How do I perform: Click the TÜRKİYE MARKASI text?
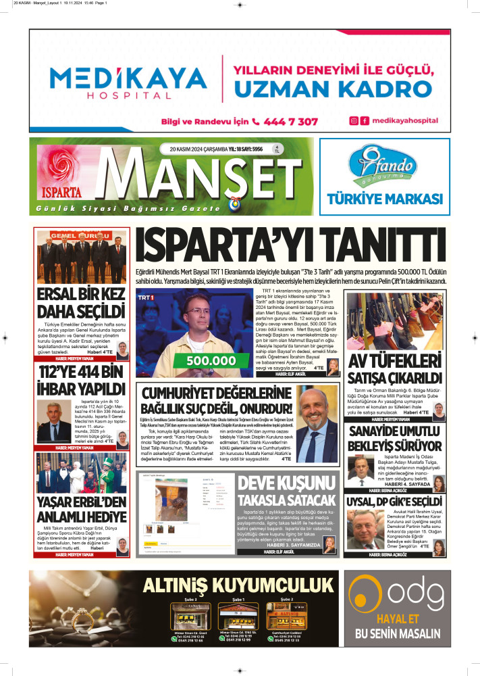click(384, 199)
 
